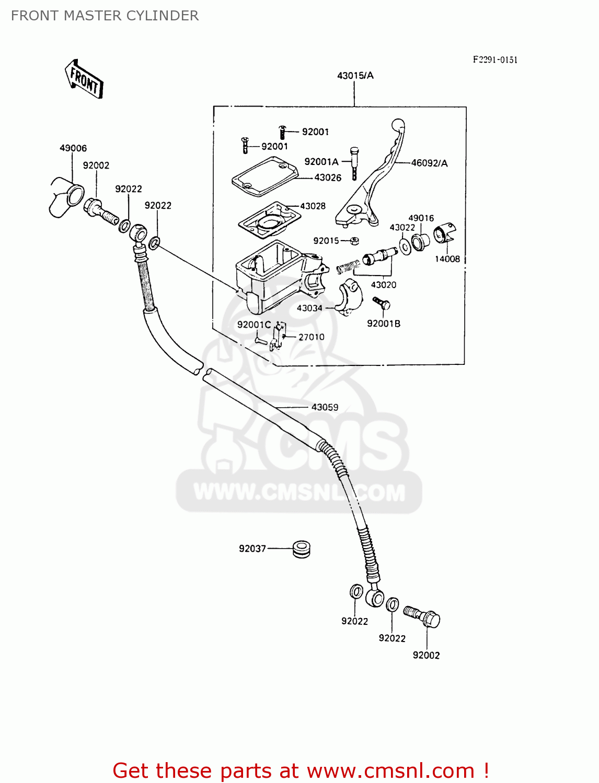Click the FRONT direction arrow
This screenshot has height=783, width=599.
tap(84, 79)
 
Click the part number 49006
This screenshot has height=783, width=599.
tap(73, 148)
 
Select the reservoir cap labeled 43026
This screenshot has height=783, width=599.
tap(264, 178)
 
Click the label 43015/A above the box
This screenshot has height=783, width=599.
tap(355, 76)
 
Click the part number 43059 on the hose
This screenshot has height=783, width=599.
tap(325, 407)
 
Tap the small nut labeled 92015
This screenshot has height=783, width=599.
tap(354, 241)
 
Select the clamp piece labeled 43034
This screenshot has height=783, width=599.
tap(348, 298)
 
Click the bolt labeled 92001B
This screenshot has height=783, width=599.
tap(382, 304)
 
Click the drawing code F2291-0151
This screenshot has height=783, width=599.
tap(495, 60)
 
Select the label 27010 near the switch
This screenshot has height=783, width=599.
tap(311, 337)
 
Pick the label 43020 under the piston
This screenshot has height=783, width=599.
tap(384, 285)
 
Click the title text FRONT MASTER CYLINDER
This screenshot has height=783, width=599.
tap(105, 16)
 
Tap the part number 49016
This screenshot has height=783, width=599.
tap(421, 218)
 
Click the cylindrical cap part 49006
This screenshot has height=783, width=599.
tap(66, 196)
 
